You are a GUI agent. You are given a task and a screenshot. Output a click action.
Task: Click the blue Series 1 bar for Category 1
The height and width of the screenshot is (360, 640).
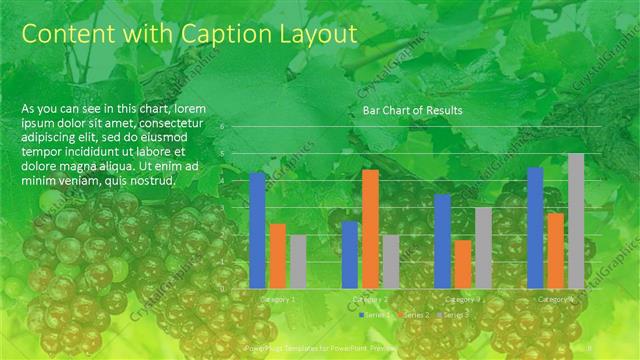(x=257, y=230)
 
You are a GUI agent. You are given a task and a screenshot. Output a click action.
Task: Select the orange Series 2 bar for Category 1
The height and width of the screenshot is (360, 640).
(x=277, y=255)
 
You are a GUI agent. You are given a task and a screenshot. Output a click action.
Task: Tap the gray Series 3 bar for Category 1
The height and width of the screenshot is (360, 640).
(x=297, y=261)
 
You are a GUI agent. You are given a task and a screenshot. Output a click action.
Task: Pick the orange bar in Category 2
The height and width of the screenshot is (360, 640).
(x=370, y=229)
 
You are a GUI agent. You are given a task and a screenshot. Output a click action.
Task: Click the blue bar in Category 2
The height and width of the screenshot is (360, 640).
(x=350, y=254)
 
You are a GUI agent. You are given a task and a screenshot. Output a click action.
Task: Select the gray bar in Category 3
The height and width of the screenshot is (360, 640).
(x=483, y=247)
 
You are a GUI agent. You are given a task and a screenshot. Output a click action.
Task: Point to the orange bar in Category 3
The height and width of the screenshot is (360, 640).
(x=463, y=263)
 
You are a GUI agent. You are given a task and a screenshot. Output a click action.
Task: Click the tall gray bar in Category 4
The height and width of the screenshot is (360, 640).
(x=575, y=220)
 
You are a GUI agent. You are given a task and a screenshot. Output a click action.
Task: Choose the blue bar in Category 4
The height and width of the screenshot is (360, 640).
(x=535, y=227)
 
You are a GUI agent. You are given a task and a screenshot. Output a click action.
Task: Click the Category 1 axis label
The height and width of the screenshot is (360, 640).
(x=277, y=298)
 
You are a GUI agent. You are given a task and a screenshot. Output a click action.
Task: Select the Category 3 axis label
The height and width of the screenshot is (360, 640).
(x=463, y=298)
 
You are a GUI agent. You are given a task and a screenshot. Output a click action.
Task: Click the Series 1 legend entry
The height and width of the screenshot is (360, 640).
(x=376, y=315)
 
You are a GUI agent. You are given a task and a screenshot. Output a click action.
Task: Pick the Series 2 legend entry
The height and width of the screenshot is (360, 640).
(x=414, y=315)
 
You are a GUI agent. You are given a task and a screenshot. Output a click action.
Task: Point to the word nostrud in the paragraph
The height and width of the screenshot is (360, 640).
(x=151, y=181)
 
